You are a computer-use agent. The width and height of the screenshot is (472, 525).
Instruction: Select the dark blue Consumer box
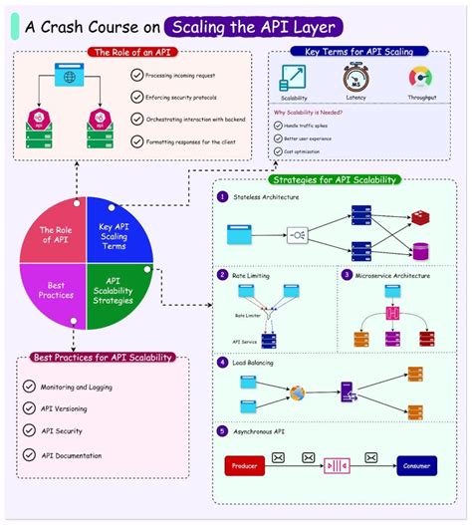click(415, 465)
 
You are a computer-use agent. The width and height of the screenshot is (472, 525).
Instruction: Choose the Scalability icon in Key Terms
click(293, 77)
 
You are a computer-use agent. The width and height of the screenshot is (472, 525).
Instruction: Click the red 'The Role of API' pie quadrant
click(55, 235)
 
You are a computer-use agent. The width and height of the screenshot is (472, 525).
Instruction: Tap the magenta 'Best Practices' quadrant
click(56, 290)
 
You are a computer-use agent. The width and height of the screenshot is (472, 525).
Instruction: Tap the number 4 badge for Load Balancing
click(222, 363)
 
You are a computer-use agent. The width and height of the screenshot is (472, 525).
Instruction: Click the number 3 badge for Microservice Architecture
click(347, 275)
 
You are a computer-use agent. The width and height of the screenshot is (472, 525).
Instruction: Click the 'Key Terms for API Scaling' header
click(360, 51)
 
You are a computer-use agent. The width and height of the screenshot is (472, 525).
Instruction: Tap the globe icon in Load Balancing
click(297, 392)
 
